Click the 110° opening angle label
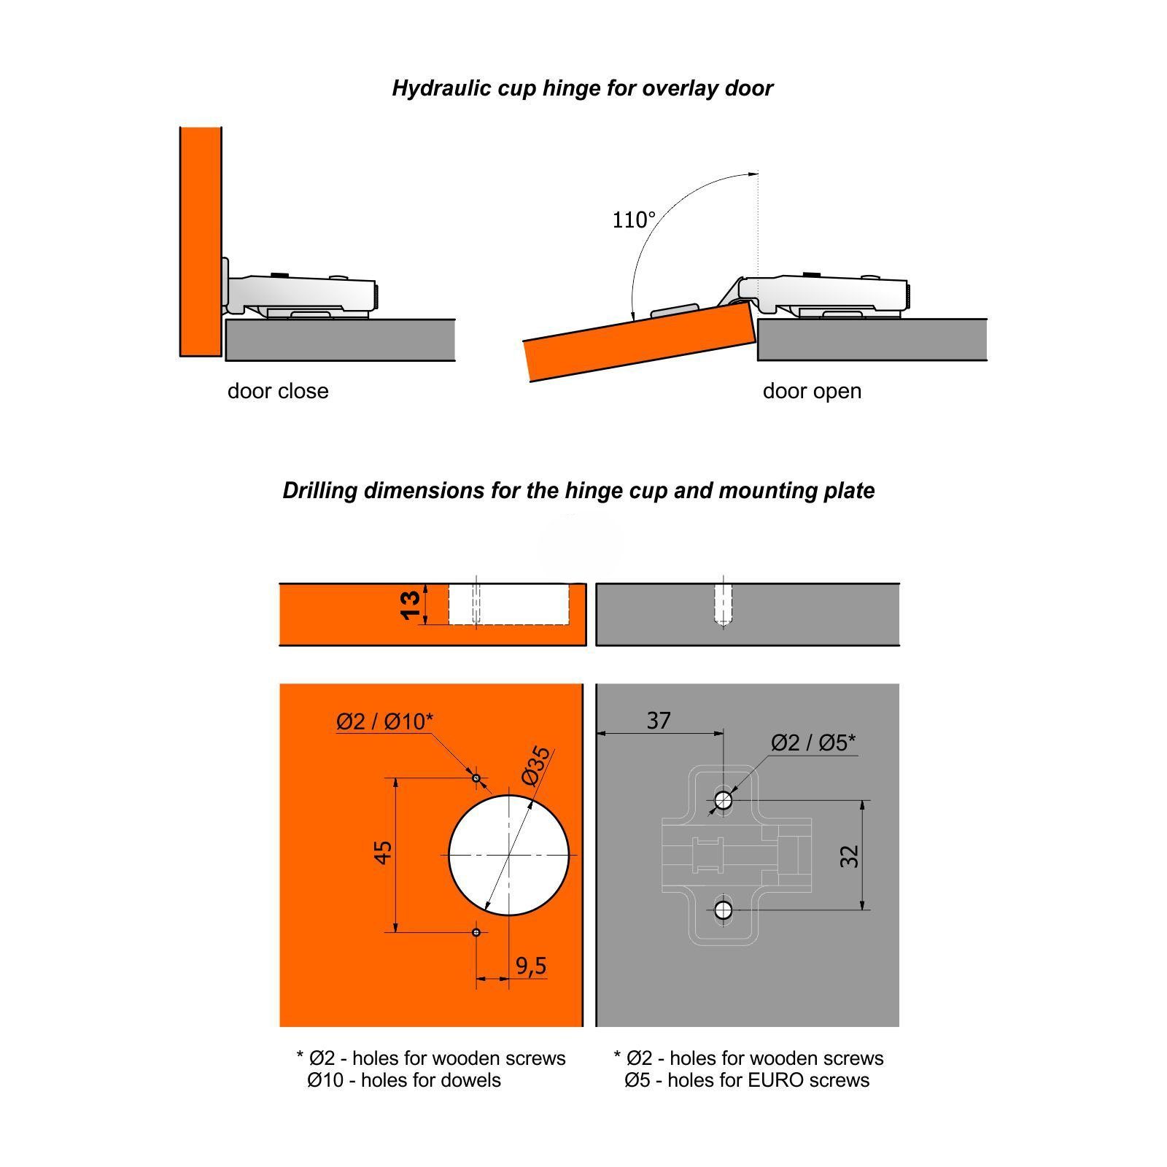tap(634, 220)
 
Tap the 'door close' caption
tap(278, 391)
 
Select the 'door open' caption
tap(812, 391)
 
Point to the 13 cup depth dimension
tap(411, 605)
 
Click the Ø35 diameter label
tap(536, 765)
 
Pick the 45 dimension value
tap(383, 852)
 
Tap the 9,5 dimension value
tap(531, 966)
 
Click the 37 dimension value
tap(659, 721)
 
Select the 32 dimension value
tap(850, 856)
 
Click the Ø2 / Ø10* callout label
tap(385, 721)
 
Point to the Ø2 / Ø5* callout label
tap(813, 743)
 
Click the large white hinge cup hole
tap(508, 854)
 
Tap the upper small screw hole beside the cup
tap(476, 779)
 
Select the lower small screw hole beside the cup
tap(476, 932)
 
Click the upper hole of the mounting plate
tap(723, 800)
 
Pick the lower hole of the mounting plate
tap(723, 910)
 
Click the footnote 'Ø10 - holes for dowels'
tap(404, 1080)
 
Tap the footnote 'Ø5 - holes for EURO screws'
tap(747, 1080)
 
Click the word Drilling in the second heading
tap(320, 491)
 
